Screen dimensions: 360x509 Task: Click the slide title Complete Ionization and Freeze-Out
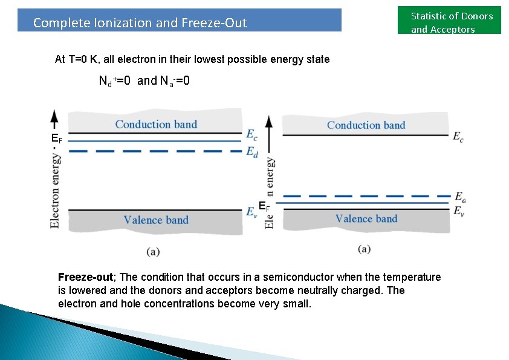[x=140, y=23]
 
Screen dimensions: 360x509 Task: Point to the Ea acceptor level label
[x=460, y=197]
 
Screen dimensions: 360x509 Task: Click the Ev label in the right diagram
[x=459, y=211]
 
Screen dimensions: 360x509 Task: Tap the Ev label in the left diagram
[x=252, y=211]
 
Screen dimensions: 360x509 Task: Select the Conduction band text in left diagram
[x=156, y=125]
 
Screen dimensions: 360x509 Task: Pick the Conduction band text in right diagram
[x=366, y=125]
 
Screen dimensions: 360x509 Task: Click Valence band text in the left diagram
[x=156, y=220]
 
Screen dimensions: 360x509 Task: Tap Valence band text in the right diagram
[x=366, y=219]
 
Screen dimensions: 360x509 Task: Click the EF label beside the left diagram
[x=57, y=140]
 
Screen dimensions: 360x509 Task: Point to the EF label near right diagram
[x=264, y=206]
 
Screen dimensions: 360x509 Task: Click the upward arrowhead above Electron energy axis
[x=55, y=116]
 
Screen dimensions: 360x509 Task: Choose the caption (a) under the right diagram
[x=364, y=249]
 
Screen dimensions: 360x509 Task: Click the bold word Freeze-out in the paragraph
[x=85, y=277]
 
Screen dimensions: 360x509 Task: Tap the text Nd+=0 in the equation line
[x=115, y=81]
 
